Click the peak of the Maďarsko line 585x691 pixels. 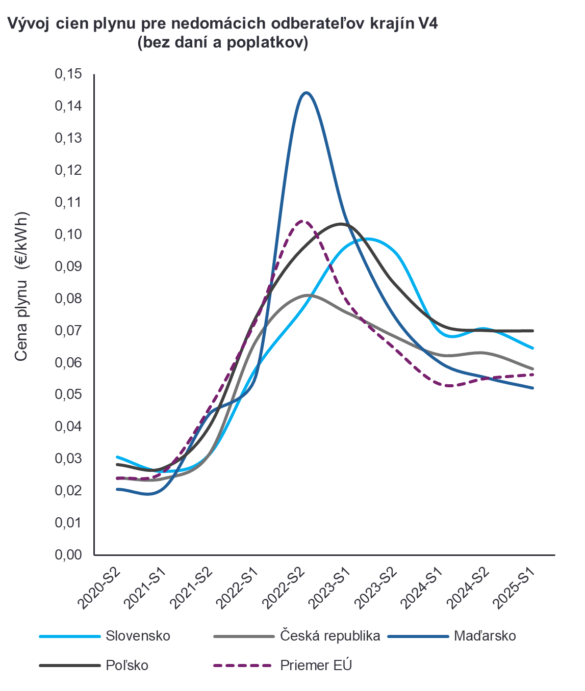pyautogui.click(x=306, y=93)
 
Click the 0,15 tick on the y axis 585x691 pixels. pyautogui.click(x=68, y=74)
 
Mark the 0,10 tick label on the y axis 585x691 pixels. pyautogui.click(x=68, y=234)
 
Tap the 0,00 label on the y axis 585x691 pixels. pyautogui.click(x=68, y=554)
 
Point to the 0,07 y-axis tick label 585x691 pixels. pyautogui.click(x=68, y=331)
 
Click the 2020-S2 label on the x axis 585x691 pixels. pyautogui.click(x=100, y=588)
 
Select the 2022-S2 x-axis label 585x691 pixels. pyautogui.click(x=285, y=588)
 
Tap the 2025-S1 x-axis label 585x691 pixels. pyautogui.click(x=516, y=588)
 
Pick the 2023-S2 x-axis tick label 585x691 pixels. pyautogui.click(x=377, y=588)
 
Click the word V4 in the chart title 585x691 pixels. pyautogui.click(x=427, y=23)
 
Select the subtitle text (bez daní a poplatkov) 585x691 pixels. pyautogui.click(x=223, y=43)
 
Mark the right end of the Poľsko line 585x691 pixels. pyautogui.click(x=533, y=331)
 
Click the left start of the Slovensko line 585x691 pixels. pyautogui.click(x=117, y=457)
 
